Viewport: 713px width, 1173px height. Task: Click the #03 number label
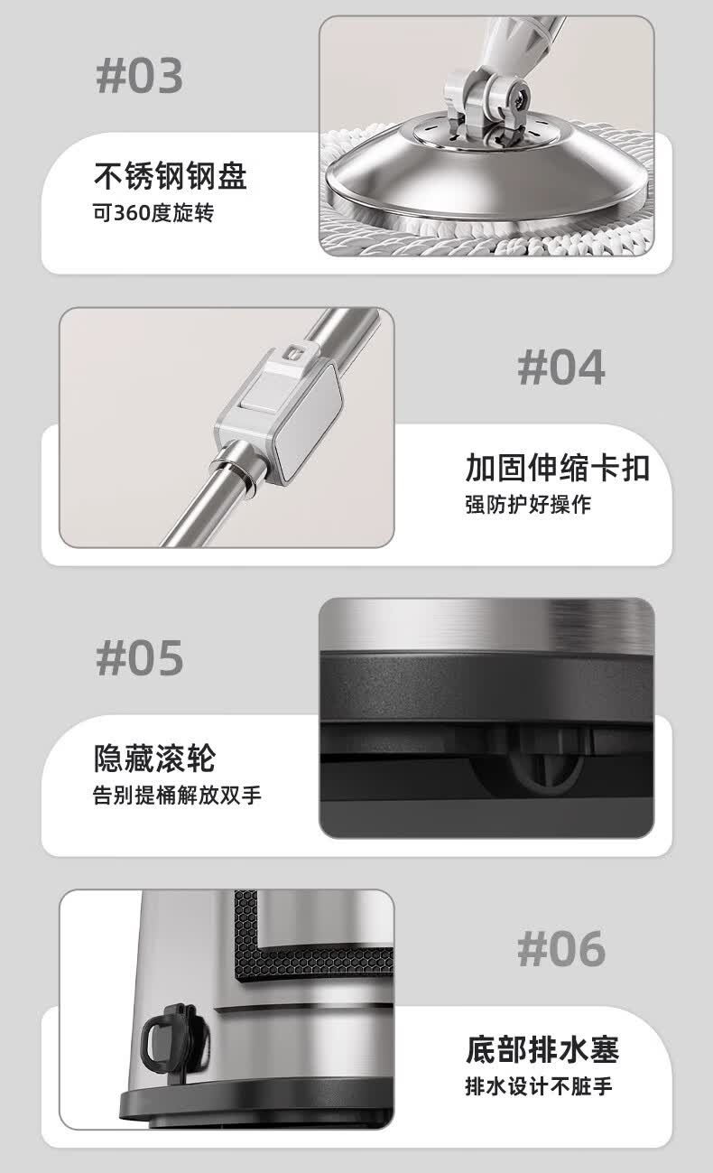point(139,76)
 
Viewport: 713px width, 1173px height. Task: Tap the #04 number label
point(561,368)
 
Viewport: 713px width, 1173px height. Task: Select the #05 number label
point(139,658)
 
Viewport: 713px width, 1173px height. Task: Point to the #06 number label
point(561,949)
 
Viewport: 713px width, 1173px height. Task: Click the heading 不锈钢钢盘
point(171,176)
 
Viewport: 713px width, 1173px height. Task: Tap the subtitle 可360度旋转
point(153,213)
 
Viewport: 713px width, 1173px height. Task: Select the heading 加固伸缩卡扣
point(558,467)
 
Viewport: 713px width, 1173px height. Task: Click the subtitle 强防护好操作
point(528,504)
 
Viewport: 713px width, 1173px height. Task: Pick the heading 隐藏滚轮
point(155,758)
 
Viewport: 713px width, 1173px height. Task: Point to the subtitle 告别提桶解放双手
point(177,795)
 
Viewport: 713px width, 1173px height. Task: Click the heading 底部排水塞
point(542,1049)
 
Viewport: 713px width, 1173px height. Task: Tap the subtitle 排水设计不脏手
point(539,1086)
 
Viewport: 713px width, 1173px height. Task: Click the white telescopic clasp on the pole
point(279,413)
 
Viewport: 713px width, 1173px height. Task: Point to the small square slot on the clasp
point(292,353)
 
